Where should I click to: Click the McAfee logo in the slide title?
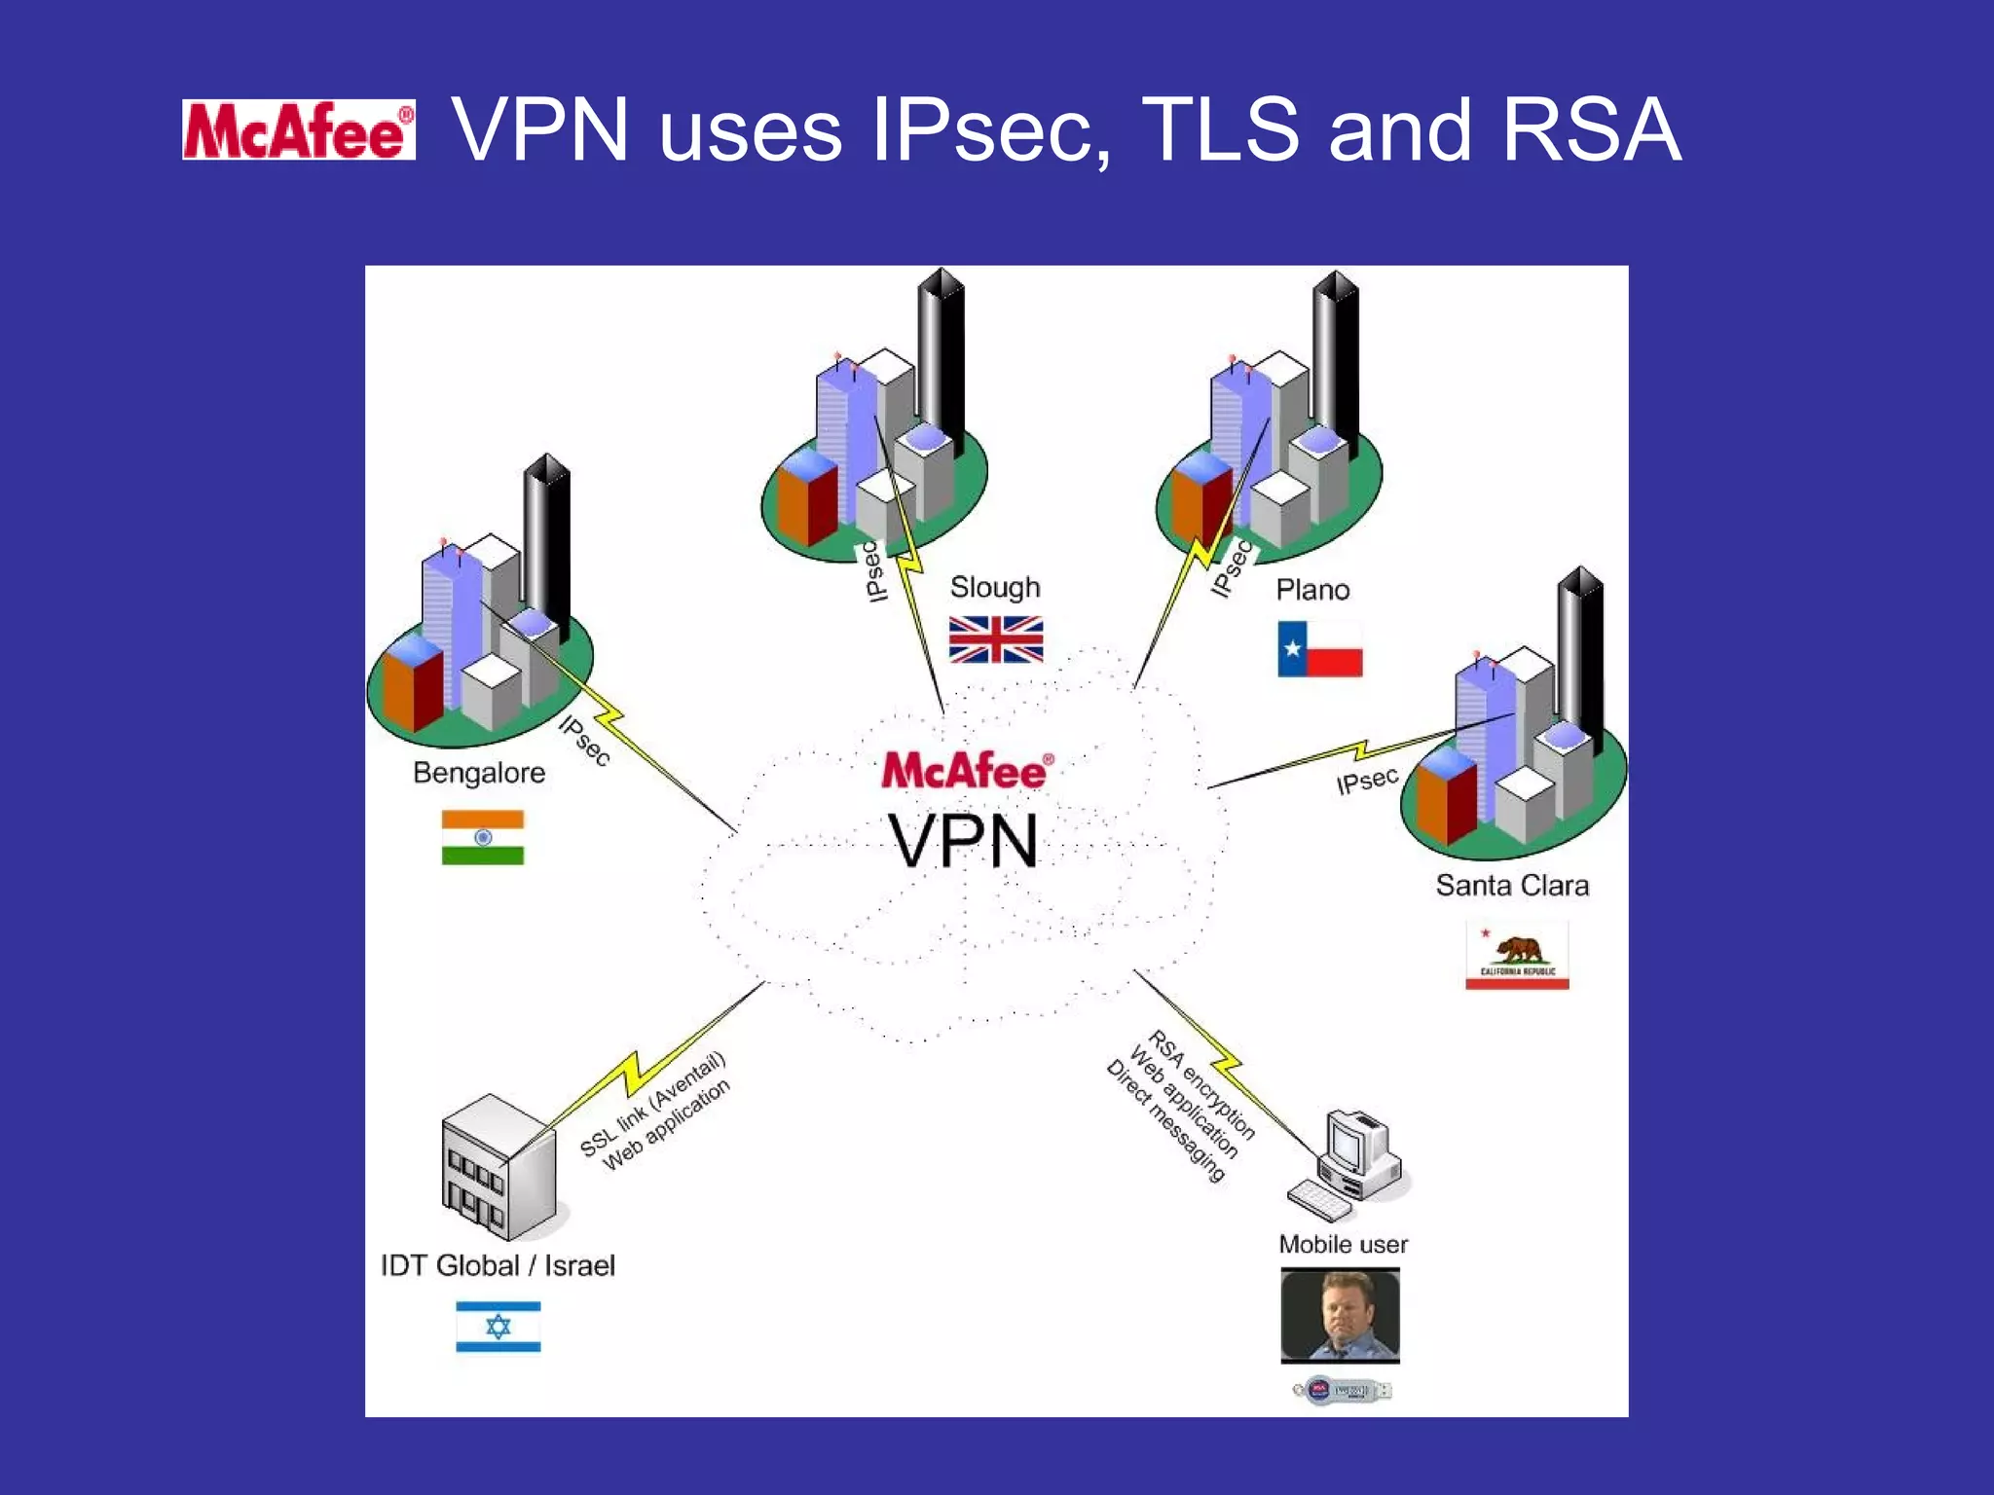299,130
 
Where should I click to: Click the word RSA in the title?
1590,130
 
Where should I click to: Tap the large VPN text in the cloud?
963,842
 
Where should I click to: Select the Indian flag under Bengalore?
483,837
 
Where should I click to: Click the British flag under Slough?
996,639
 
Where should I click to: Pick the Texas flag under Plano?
1319,649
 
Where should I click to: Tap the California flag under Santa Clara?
1517,956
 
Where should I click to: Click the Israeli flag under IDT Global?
498,1327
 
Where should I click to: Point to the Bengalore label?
479,773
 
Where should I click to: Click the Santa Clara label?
1512,886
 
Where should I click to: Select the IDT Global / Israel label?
498,1265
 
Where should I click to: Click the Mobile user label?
1343,1244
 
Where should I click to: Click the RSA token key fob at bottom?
1343,1390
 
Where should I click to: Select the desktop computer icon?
1353,1163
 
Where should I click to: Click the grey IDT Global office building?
500,1167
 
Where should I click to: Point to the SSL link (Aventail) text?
653,1104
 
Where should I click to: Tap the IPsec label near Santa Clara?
1367,781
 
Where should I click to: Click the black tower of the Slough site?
942,360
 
